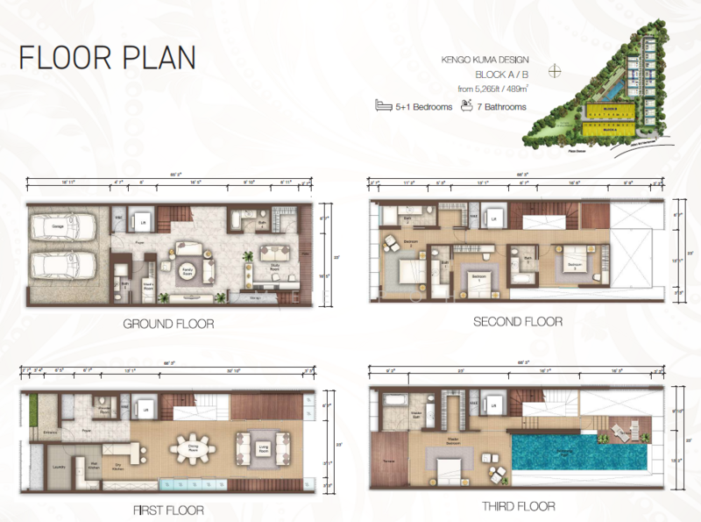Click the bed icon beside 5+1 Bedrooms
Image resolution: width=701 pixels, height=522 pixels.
(x=382, y=107)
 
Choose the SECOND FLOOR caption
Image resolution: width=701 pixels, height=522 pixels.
(x=517, y=322)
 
